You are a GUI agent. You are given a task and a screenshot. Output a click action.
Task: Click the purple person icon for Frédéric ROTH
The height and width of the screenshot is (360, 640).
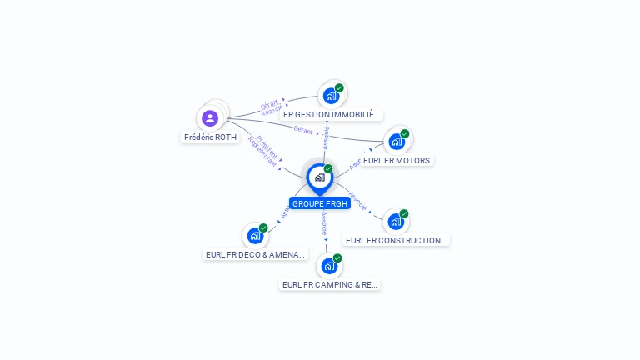(210, 118)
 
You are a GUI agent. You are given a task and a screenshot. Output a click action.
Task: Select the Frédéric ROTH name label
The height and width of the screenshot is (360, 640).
(211, 137)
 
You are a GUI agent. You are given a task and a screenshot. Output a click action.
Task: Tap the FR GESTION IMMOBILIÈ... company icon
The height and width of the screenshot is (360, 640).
(331, 96)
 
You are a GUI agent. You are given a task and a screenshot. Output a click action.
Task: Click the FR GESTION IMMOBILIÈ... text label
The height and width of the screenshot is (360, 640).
(332, 114)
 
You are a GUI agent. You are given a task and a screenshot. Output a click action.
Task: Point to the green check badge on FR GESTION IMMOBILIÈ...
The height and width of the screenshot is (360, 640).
(339, 88)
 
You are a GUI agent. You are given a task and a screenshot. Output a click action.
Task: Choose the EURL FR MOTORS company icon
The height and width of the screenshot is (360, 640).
(397, 142)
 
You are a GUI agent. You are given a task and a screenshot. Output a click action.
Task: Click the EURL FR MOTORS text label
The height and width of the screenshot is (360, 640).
(397, 160)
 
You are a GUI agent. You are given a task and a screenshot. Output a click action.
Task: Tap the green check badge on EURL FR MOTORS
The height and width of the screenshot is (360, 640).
(405, 134)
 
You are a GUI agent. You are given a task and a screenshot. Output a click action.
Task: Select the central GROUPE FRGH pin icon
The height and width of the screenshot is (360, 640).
(319, 177)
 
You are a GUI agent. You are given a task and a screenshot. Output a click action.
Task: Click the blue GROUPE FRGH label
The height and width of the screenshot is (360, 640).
(320, 203)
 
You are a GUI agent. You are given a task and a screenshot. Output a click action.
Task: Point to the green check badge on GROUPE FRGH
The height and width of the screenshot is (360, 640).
(328, 169)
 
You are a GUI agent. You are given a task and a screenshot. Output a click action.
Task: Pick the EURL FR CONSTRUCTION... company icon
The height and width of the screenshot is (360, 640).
(396, 222)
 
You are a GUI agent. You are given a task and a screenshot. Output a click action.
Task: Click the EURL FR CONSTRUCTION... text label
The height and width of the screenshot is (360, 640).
(396, 241)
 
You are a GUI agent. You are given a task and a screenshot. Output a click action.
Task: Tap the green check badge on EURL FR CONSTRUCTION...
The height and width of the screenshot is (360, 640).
(404, 214)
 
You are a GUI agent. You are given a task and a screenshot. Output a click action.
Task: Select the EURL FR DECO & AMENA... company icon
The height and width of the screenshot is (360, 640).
(255, 236)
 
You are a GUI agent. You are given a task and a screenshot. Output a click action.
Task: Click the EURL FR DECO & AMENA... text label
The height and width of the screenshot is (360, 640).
(255, 255)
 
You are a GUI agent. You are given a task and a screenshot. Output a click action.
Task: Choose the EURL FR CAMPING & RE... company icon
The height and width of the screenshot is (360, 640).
(329, 266)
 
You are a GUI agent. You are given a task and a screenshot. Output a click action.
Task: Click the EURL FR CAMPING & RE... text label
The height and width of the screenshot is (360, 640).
(329, 285)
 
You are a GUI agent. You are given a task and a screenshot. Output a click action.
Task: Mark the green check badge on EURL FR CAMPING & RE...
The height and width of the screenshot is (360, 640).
(337, 258)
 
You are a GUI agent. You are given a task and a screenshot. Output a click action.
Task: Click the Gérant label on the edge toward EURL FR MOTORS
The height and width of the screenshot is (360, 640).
(303, 131)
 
